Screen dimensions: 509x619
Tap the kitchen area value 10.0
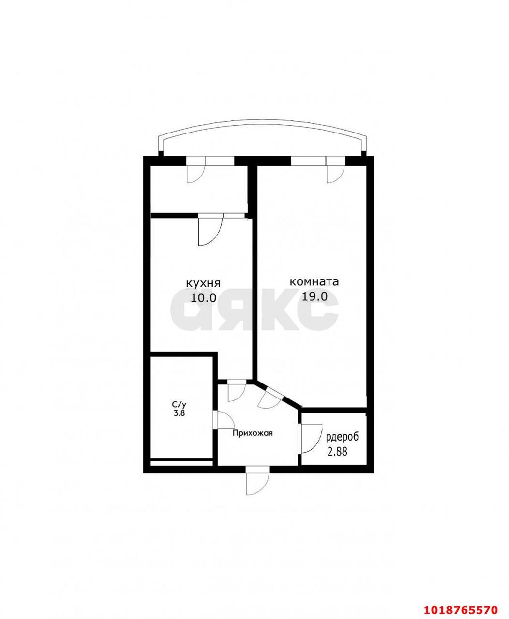pos(204,298)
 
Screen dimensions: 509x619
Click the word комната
pos(314,282)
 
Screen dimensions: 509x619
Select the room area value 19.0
pos(315,297)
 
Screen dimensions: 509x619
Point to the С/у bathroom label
pos(179,405)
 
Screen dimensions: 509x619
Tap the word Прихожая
pos(253,433)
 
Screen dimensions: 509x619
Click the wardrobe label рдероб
pos(343,437)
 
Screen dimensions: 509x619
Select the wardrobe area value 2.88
pos(337,451)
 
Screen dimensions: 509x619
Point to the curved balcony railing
pos(263,123)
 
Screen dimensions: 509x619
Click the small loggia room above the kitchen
pos(198,189)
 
